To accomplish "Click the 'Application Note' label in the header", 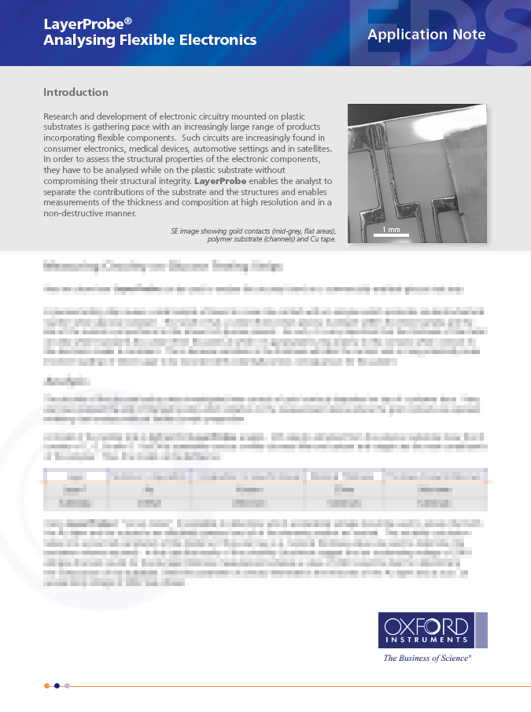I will [x=426, y=35].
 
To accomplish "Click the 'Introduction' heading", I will [x=76, y=93].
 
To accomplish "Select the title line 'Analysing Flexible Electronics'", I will [x=149, y=40].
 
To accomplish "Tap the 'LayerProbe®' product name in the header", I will [x=83, y=24].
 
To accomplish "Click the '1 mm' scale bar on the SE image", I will [x=391, y=231].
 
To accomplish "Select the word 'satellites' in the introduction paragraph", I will [x=309, y=148].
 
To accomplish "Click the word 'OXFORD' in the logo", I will [x=426, y=627].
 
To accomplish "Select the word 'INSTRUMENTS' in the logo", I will [x=426, y=641].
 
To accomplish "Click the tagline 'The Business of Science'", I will [x=427, y=658].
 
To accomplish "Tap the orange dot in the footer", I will [x=47, y=685].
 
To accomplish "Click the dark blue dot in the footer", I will [x=57, y=685].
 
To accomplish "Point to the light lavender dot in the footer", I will [x=68, y=685].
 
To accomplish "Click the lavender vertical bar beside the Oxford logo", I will [x=481, y=631].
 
